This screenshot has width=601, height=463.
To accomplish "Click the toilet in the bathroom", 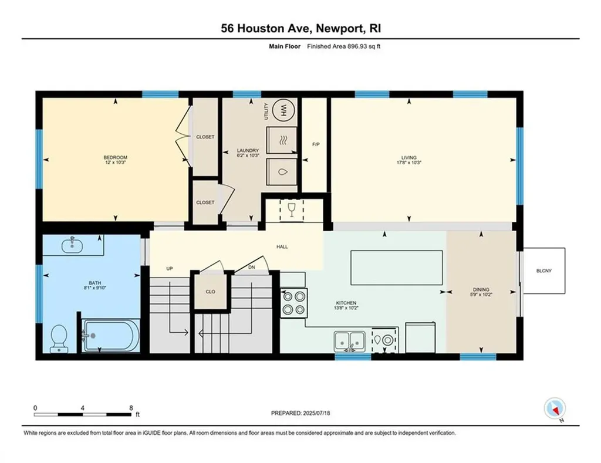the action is coord(59,339).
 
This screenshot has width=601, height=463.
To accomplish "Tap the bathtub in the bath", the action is coord(109,336).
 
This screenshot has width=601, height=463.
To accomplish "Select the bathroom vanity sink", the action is coord(72,245).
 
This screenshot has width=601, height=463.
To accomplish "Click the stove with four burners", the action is coord(294,303).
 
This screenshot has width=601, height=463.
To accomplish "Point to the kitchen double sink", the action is coord(349,341).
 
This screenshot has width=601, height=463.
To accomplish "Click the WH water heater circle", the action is coord(284,110).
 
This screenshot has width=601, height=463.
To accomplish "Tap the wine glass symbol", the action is coord(291,209).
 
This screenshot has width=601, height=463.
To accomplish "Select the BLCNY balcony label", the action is coord(544,271).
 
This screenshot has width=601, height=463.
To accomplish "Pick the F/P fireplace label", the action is coord(316,144).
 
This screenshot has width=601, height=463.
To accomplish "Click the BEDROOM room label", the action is coord(116,157).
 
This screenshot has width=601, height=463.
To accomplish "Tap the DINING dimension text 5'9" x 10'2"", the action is coord(481,295).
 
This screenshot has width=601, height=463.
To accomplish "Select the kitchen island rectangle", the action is coord(397,268).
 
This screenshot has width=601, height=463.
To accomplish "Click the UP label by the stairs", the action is coord(170,269).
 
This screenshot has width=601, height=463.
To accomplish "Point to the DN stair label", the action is coord(251,267).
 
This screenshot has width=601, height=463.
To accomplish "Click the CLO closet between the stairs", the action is coord(211,292).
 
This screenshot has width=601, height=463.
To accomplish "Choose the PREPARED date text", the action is coord(300,413).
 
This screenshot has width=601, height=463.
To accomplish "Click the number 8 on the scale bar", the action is coord(131,408).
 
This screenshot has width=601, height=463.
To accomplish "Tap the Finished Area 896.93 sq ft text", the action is coord(344,46).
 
